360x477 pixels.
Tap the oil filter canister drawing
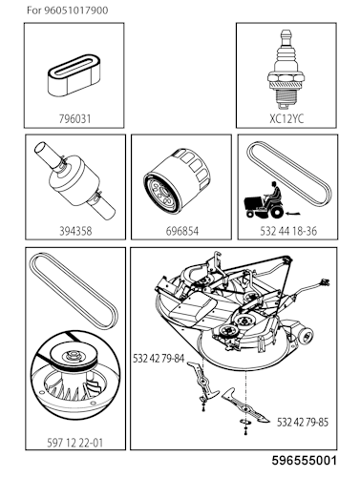point(180,184)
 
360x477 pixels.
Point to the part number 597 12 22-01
point(75,442)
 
